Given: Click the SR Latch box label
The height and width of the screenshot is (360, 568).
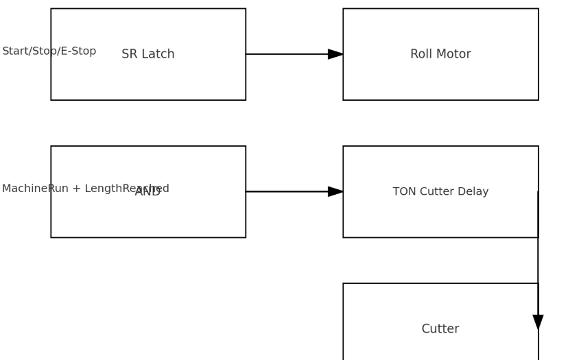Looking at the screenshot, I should [148, 54].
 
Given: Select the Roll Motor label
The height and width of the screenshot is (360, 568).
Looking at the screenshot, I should [440, 54].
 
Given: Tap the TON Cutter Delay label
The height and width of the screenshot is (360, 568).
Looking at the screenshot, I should [440, 192].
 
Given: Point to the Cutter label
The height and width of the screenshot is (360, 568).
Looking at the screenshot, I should [440, 329].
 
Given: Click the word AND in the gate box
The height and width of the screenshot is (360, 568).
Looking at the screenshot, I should [147, 192].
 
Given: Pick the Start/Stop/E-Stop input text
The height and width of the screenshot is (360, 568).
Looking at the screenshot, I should [49, 51].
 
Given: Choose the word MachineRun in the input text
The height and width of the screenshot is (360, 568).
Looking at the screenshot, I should [25, 189].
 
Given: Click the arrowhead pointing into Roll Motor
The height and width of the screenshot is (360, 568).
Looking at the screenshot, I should [335, 54].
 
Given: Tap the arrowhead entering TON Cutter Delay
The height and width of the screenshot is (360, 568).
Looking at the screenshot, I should [335, 191].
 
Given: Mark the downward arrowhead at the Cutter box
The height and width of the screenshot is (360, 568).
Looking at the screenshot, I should [538, 322].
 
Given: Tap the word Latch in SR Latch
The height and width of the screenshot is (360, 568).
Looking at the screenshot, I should [158, 54].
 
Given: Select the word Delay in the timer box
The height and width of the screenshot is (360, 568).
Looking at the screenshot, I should [473, 192].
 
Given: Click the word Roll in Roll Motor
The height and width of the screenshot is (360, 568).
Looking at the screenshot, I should [421, 54].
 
